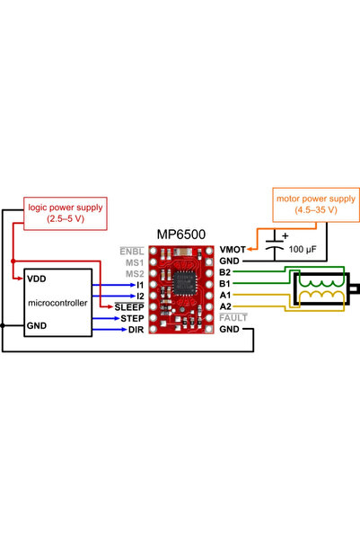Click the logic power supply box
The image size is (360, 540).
click(x=64, y=212)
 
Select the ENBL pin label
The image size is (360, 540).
click(x=132, y=251)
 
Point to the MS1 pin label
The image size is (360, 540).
click(x=134, y=262)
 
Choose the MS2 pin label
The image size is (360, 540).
click(x=134, y=273)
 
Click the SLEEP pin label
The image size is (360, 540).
click(x=129, y=307)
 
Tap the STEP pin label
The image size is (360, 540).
click(x=132, y=318)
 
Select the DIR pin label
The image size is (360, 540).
click(x=136, y=330)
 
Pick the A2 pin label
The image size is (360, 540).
click(x=225, y=307)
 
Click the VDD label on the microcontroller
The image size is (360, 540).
click(x=36, y=279)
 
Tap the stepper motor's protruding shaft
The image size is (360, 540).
click(x=355, y=288)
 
